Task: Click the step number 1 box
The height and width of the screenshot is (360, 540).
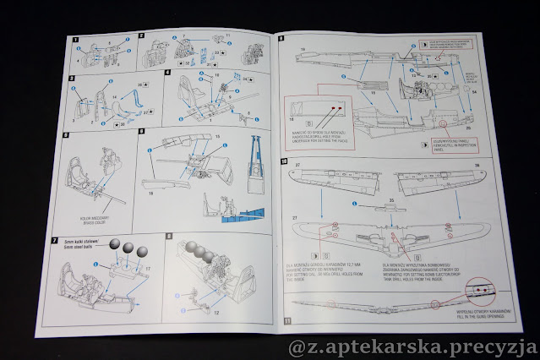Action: tap(75, 40)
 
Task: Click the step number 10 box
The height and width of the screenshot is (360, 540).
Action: tap(284, 160)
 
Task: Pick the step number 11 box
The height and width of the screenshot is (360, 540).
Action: tap(287, 321)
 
